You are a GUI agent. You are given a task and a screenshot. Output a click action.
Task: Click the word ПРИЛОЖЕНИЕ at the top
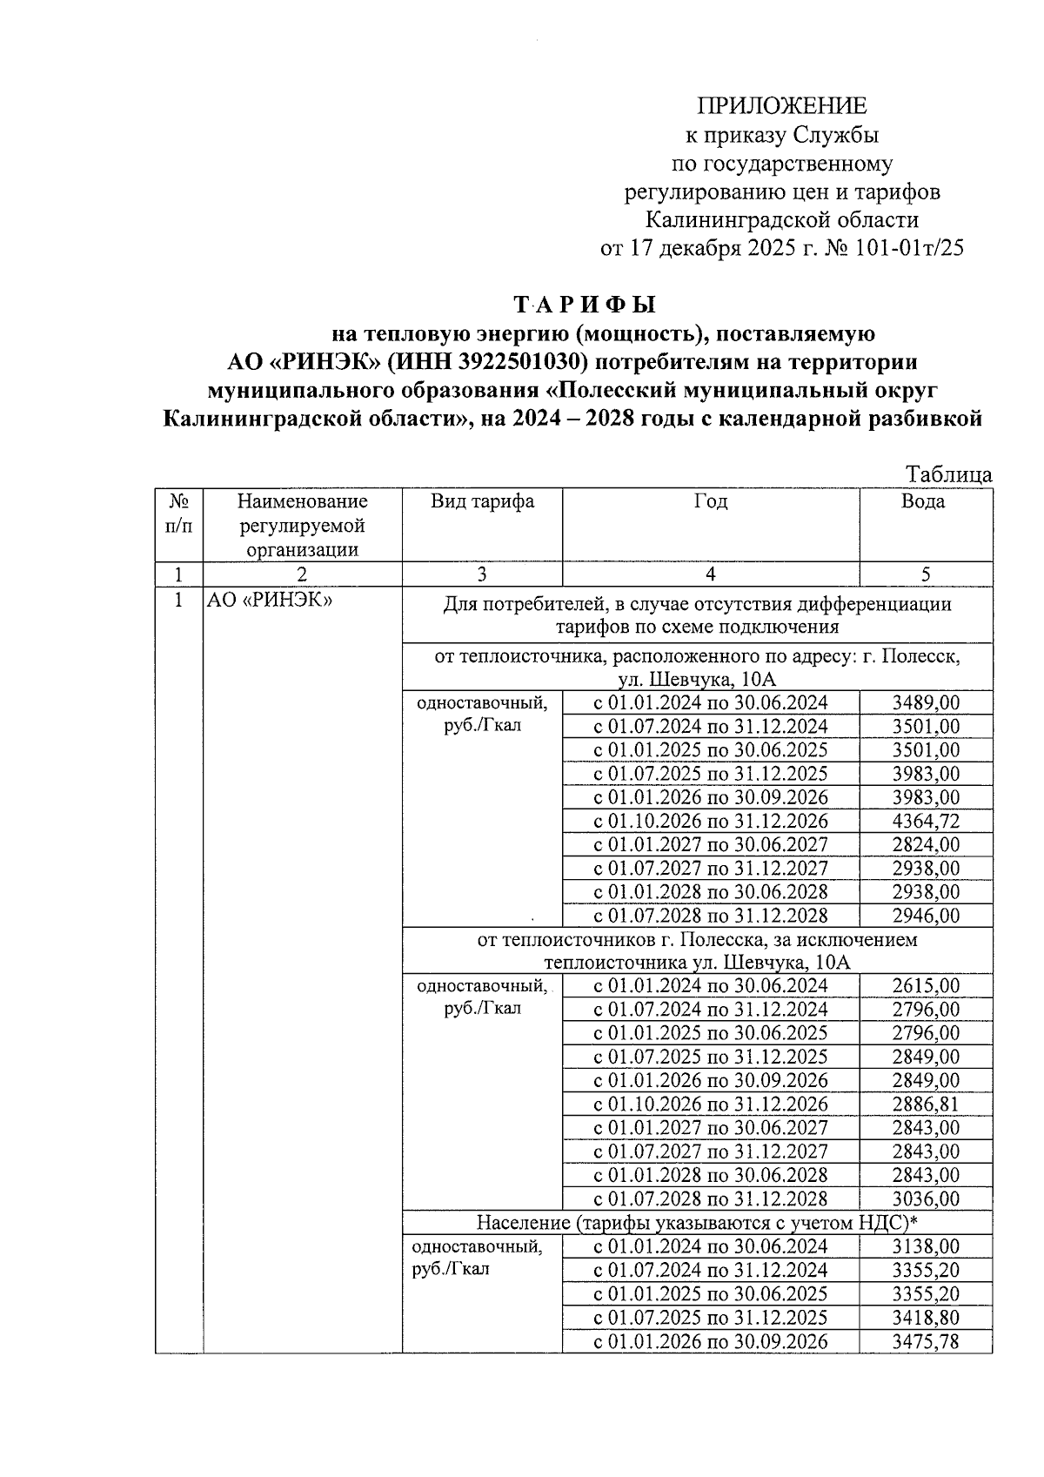tap(781, 106)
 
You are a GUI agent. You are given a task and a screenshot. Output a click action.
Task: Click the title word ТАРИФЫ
tap(584, 305)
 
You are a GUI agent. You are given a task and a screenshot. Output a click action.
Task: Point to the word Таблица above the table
tap(948, 475)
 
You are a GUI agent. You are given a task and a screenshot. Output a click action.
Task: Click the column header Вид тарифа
tap(482, 502)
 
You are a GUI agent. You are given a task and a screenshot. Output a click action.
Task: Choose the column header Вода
tap(924, 502)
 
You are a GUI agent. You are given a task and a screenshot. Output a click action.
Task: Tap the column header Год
tap(711, 502)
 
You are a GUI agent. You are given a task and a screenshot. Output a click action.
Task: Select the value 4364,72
tap(926, 822)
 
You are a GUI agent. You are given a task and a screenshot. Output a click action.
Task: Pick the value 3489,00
tap(926, 703)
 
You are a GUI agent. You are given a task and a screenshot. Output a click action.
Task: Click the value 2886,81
tap(926, 1104)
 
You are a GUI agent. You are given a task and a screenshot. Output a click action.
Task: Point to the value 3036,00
tap(926, 1199)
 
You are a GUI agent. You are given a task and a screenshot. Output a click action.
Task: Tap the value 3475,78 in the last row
tap(926, 1342)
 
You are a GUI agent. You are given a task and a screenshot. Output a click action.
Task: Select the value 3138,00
tap(926, 1247)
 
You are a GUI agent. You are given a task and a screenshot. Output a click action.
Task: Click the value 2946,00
tap(926, 916)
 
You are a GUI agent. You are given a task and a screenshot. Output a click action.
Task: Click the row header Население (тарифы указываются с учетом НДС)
tap(697, 1222)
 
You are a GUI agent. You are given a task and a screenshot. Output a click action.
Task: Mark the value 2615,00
tap(926, 986)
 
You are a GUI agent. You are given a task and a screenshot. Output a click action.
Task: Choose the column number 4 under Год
tap(711, 574)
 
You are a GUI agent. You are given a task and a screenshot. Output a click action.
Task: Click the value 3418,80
tap(926, 1318)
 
